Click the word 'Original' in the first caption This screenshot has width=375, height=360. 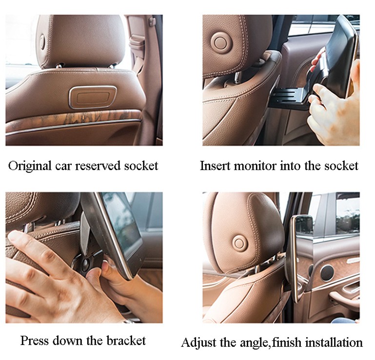click(x=30, y=166)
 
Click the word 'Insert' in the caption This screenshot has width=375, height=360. click(x=215, y=166)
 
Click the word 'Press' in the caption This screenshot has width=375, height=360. click(x=35, y=340)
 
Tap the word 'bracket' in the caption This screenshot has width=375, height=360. click(x=126, y=340)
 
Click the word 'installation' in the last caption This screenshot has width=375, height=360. click(x=335, y=342)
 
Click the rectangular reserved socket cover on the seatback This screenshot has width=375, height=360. click(x=93, y=97)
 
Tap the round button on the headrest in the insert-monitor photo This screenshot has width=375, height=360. click(x=220, y=42)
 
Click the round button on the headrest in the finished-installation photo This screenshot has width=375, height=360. click(x=239, y=243)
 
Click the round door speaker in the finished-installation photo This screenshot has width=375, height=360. click(x=327, y=273)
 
